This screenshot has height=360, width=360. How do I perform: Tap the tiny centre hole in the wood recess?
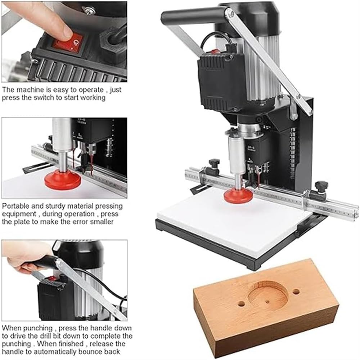[267, 300]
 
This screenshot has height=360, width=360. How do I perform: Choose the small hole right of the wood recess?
[296, 291]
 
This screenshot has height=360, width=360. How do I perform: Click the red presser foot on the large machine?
[237, 195]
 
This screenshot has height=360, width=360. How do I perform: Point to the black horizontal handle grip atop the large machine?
[191, 16]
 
